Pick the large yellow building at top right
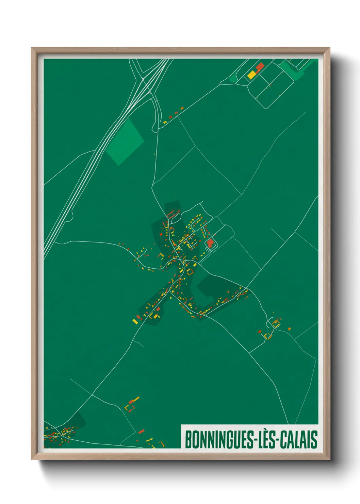[x=251, y=75]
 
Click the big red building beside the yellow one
[x=260, y=66]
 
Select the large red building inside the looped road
[x=210, y=242]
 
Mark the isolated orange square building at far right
[x=289, y=329]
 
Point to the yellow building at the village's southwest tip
[x=135, y=321]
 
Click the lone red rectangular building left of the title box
[x=141, y=432]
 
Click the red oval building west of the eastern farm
[x=260, y=331]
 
